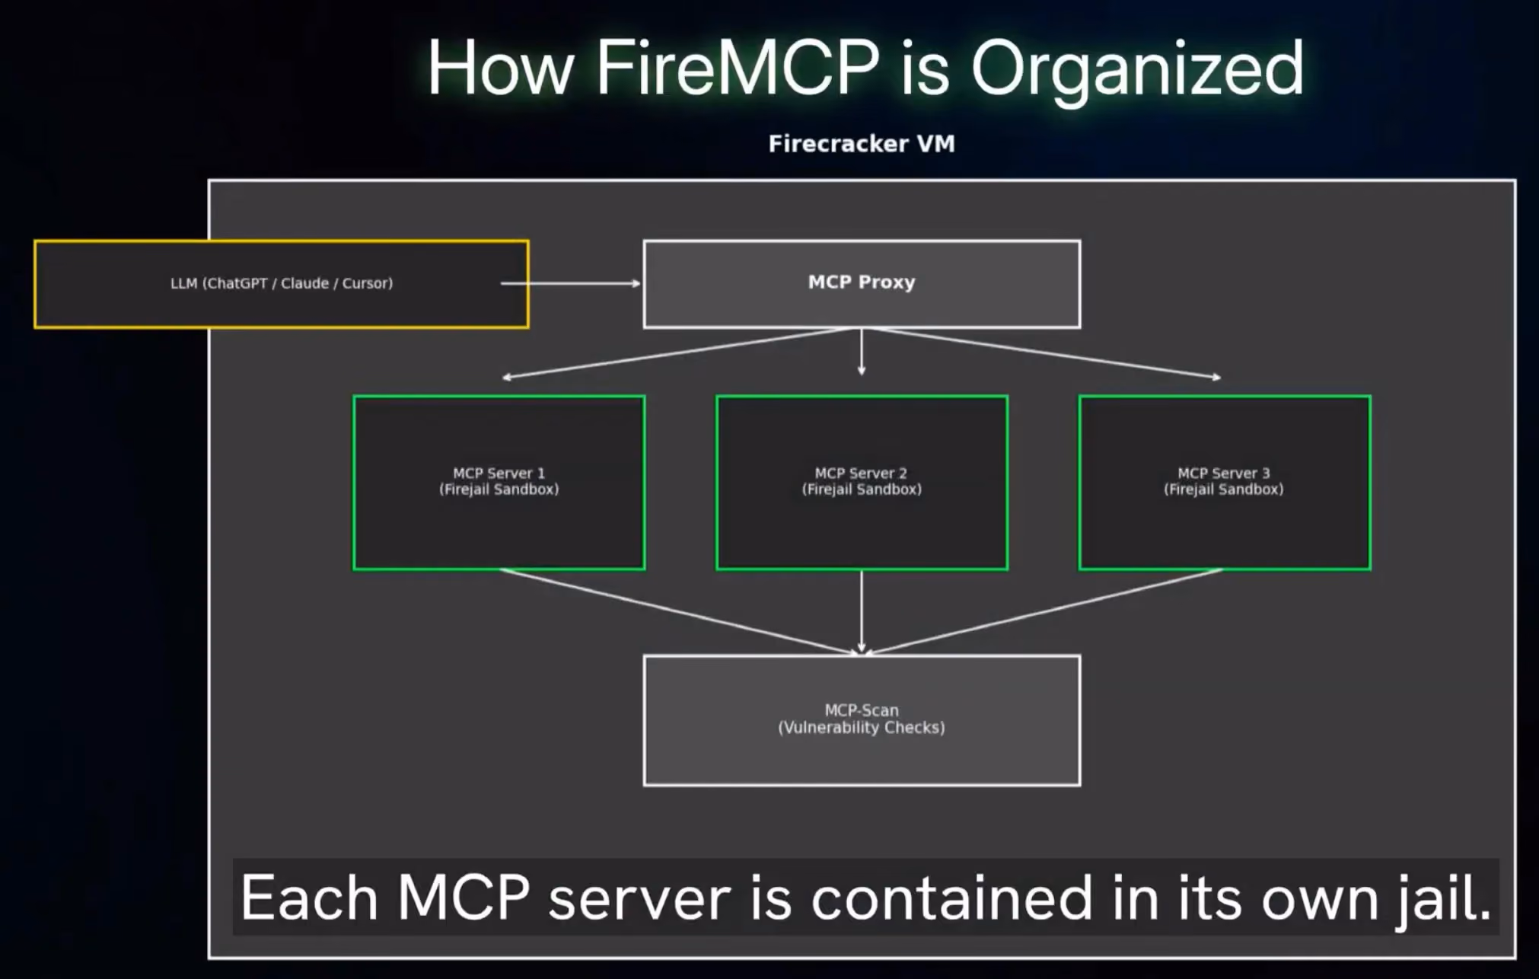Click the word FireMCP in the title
[x=737, y=68]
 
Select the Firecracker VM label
[x=862, y=143]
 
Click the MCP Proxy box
[x=862, y=284]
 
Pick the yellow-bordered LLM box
[x=282, y=284]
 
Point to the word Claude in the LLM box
[x=304, y=283]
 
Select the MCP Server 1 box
[x=499, y=482]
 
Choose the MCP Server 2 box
[x=862, y=482]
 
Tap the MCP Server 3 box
[x=1225, y=482]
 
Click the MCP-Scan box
[x=862, y=720]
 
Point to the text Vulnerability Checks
[x=862, y=728]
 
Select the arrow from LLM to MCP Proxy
[x=571, y=283]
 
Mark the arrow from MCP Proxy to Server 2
[x=862, y=352]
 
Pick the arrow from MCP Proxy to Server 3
[x=1046, y=352]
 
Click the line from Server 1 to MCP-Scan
[x=680, y=612]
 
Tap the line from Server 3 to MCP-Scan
[x=1044, y=612]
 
